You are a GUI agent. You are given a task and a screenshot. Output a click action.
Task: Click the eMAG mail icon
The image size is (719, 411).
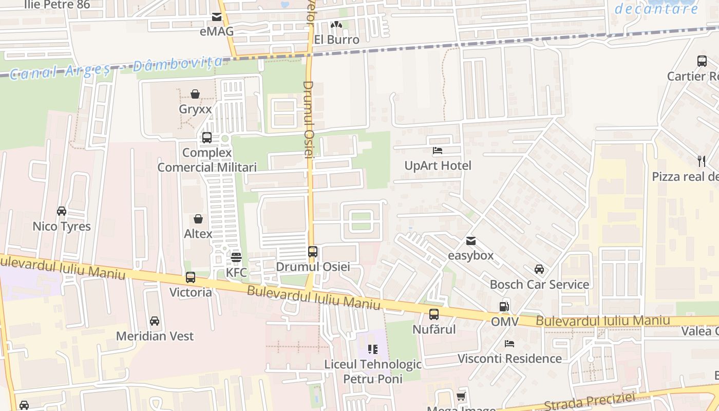coord(217,17)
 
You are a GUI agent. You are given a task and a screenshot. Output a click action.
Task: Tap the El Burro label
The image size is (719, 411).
coord(336,40)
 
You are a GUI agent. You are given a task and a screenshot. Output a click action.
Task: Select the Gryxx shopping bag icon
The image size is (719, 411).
coord(195,94)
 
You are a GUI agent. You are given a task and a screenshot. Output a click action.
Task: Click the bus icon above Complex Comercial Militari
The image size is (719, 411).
coord(207,138)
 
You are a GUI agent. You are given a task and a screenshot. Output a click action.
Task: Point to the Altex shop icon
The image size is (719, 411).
coord(198,219)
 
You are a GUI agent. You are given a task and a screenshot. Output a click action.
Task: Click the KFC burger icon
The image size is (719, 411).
coord(236,257)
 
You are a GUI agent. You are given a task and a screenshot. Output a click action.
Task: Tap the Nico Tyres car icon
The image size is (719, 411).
coord(62,211)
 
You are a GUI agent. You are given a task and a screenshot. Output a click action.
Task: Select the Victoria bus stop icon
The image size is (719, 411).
coord(191,277)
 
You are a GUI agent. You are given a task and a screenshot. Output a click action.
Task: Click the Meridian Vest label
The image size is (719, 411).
coord(155,336)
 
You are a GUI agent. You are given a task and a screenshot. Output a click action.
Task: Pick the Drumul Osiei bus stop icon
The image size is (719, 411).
coord(313,252)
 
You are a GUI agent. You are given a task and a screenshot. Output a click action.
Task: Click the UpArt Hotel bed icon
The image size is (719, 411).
coord(438,151)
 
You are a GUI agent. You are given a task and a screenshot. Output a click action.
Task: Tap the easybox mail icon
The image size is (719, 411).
coord(471,241)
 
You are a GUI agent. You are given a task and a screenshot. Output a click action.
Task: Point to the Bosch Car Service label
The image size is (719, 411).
coord(539,284)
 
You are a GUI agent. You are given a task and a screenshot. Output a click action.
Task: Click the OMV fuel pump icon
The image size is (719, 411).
coord(504,307)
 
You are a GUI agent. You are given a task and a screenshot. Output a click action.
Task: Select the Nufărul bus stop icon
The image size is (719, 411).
coord(434,314)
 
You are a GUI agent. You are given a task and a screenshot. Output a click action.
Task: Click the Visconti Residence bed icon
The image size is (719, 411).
coord(509,343)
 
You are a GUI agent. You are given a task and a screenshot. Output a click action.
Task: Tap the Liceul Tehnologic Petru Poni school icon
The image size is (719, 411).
coord(373,349)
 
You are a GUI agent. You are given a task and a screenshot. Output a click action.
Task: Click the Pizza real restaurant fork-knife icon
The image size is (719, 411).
coord(702,161)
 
